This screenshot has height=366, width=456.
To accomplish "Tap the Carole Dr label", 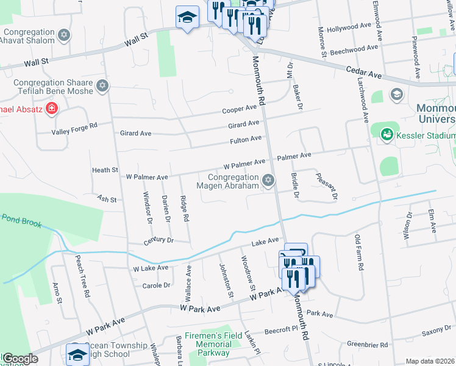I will click(x=155, y=285).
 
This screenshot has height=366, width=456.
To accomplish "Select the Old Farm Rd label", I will click(x=360, y=253).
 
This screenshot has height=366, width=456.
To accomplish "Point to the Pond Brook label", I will click(x=21, y=220).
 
